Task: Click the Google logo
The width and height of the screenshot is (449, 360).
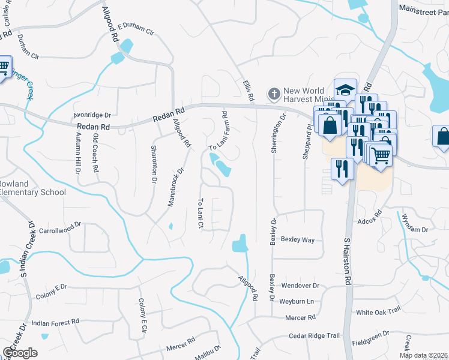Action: [x=20, y=353]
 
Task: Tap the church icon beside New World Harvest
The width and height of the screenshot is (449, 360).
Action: [x=274, y=94]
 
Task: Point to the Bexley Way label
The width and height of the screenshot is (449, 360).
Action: [x=298, y=240]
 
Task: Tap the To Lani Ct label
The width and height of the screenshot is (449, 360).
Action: [x=201, y=213]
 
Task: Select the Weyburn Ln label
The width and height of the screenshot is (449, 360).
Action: [x=298, y=301]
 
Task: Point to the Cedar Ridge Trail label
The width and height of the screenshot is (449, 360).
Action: [x=314, y=336]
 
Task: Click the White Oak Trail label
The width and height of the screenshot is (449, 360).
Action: [x=378, y=312]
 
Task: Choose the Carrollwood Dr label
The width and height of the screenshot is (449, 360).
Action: [x=59, y=228]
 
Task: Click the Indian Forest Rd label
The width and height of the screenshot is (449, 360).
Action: [x=56, y=322]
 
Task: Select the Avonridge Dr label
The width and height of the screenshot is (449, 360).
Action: [x=92, y=114]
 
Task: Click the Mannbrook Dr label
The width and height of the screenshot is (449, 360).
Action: [x=175, y=187]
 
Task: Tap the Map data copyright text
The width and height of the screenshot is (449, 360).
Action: [x=424, y=355]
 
